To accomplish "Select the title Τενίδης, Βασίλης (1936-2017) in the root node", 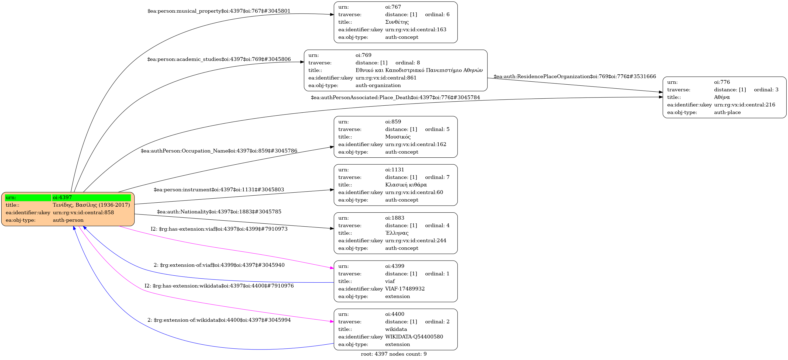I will pos(91,205).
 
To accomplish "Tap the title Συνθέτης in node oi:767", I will pos(397,22).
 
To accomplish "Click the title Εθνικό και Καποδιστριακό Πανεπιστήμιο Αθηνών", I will pos(419,70).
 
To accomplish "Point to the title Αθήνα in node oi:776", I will pos(722,97).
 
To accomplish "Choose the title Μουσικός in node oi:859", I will pos(398,137).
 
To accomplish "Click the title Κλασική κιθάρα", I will pos(406,185).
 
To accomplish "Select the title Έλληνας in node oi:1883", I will pos(397,233).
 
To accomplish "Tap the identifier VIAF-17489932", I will pos(405,289).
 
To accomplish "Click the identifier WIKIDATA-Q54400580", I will pos(414,337).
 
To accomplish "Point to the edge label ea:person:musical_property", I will pos(219,11).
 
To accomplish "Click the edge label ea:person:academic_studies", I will pos(219,59).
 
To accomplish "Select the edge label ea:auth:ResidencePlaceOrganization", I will pos(574,77).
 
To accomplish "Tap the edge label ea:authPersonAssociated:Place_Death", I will pos(395,98).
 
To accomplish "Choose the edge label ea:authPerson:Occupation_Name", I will pos(219,151).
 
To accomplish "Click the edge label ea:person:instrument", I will pos(219,190).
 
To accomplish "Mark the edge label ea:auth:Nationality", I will pos(219,212).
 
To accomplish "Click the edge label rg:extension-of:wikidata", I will pos(219,320).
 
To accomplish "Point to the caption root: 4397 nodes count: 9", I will pos(393,354).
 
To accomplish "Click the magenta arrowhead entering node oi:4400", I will pos(332,322).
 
